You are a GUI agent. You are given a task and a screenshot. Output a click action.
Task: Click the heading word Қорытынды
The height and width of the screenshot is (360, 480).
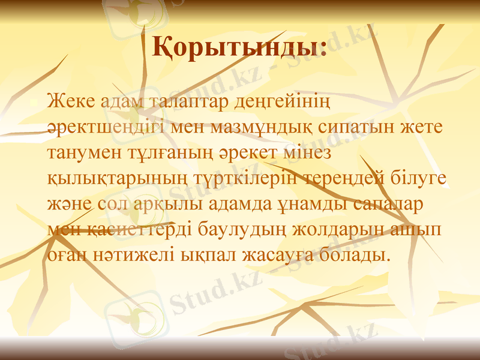coord(239,47)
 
